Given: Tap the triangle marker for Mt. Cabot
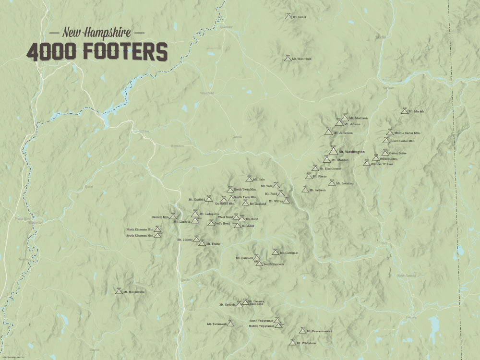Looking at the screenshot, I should [x=288, y=17].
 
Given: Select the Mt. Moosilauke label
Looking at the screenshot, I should [x=134, y=292].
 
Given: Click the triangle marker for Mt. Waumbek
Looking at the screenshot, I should [x=288, y=59].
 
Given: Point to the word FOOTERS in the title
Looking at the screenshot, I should [x=126, y=51].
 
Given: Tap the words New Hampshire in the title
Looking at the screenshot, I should [x=96, y=33].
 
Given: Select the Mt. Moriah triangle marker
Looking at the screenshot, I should [x=405, y=111].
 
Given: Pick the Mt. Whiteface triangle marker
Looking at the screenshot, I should [x=292, y=343].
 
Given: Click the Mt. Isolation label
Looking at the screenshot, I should [x=345, y=183].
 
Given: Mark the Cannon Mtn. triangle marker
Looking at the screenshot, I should [x=173, y=216].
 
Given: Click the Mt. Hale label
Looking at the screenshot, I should [x=259, y=180].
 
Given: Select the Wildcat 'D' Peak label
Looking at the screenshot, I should [x=382, y=164].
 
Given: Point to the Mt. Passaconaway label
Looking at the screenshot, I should [x=319, y=331].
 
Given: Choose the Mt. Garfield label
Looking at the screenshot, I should [x=197, y=199].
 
